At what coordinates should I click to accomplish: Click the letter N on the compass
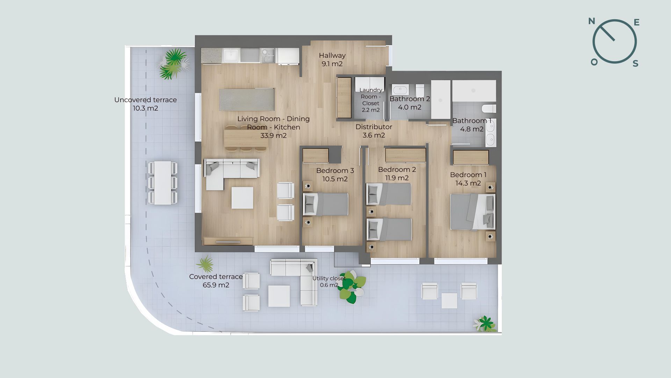(x=592, y=21)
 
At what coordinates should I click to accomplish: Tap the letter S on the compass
(x=635, y=63)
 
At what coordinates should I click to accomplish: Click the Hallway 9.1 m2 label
(x=332, y=59)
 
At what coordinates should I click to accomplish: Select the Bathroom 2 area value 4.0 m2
(x=410, y=107)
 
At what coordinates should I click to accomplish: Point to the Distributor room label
(x=374, y=127)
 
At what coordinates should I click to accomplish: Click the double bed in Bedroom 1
(x=473, y=212)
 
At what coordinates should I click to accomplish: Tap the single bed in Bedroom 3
(x=326, y=204)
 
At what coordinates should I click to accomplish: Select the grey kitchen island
(x=246, y=99)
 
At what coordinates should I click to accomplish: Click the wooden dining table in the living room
(x=246, y=138)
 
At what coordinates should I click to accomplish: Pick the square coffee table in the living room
(x=242, y=198)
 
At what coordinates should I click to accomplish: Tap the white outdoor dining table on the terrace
(x=163, y=183)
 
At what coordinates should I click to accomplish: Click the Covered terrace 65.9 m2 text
(x=216, y=281)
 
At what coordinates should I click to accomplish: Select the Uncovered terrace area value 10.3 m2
(x=145, y=108)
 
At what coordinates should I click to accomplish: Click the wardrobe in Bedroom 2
(x=405, y=155)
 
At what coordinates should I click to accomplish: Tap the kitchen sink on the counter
(x=231, y=55)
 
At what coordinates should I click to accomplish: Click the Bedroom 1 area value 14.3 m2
(x=468, y=183)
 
